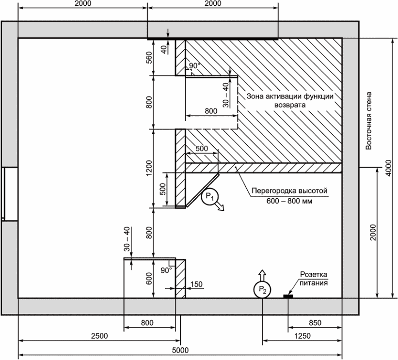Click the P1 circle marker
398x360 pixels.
point(209,197)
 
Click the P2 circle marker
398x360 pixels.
point(262,289)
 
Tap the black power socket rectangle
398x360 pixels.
point(288,296)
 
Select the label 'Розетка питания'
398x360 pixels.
point(314,279)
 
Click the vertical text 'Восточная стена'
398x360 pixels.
point(368,121)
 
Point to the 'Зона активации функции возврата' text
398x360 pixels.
point(290,100)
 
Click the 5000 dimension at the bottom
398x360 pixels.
point(180,350)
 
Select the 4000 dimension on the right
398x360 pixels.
point(388,168)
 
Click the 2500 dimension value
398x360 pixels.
point(99,336)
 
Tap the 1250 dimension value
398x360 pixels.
point(302,336)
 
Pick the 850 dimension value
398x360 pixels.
point(315,323)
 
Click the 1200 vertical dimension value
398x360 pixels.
point(149,168)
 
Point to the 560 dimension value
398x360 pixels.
point(149,58)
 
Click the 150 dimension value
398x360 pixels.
point(196,284)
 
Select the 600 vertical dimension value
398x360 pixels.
point(149,278)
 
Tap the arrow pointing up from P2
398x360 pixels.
point(262,276)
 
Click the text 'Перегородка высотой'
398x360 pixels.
point(289,190)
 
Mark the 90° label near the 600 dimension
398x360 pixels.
point(166,271)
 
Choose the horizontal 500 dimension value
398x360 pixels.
point(202,148)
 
